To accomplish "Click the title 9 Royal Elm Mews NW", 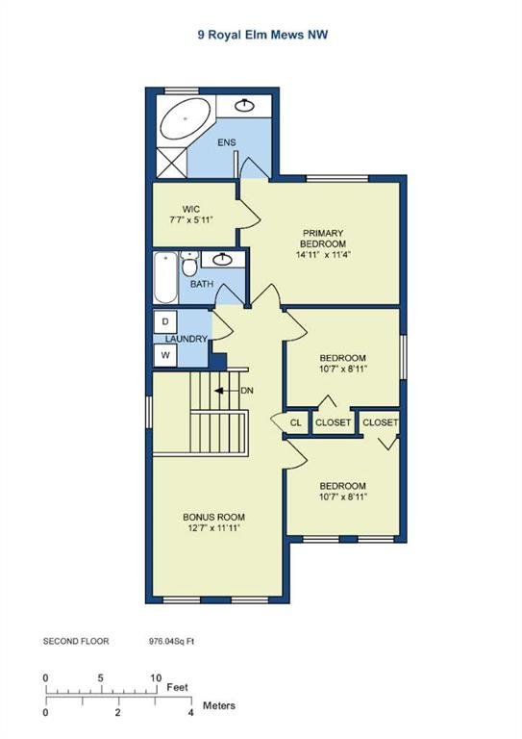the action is click(262, 35).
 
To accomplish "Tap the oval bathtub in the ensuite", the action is click(184, 117).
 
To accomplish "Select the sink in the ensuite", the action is click(244, 106).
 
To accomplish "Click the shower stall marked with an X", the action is click(171, 163).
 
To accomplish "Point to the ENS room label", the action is click(227, 142).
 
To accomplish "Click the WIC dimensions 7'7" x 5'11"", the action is click(191, 219).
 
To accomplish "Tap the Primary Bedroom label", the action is click(323, 239).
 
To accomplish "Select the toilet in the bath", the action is click(189, 264).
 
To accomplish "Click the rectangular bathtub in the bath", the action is click(165, 278).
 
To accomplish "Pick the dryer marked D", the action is click(165, 322).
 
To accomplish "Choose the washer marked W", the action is click(165, 355).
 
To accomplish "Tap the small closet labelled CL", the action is click(295, 422).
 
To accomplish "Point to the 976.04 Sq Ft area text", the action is click(171, 642).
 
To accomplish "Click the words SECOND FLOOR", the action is click(76, 642).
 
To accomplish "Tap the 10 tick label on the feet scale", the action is click(156, 678).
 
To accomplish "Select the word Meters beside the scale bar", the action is click(219, 705).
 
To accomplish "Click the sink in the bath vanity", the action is click(222, 259).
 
